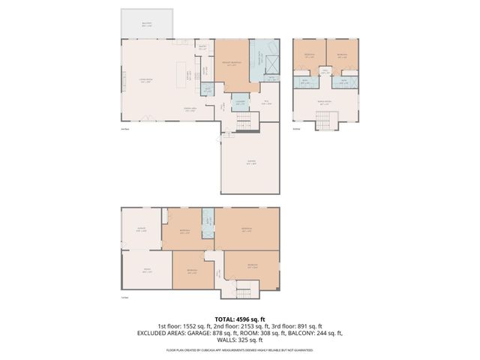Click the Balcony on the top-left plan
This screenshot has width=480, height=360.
[x=146, y=24]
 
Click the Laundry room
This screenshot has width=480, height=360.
[x=241, y=100]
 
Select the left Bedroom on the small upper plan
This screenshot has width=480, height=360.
[x=309, y=55]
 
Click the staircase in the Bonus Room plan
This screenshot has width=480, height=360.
[x=323, y=120]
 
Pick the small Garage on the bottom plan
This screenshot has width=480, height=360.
[x=141, y=230]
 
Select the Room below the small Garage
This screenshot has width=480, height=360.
[x=147, y=271]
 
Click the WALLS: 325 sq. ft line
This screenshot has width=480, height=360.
[x=240, y=340]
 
